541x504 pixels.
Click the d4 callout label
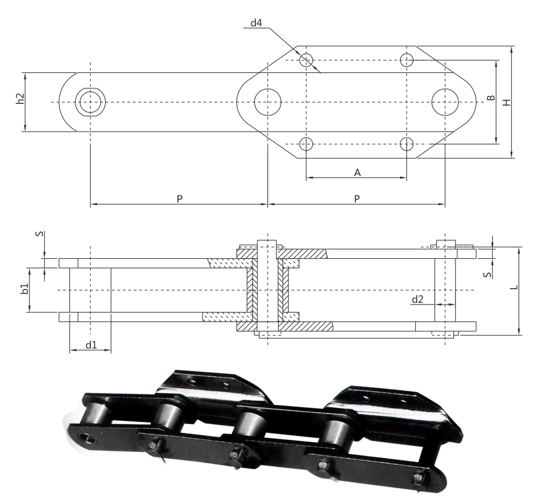(256, 23)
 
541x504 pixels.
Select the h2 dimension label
(21, 98)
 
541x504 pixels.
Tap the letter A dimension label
(357, 172)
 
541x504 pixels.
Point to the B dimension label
(491, 98)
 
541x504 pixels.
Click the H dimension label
(506, 102)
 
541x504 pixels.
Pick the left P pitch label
(180, 199)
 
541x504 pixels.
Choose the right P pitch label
(356, 199)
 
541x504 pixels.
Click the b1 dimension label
(24, 289)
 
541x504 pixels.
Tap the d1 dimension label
(91, 345)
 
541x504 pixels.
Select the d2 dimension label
(417, 299)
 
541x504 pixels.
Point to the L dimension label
(514, 287)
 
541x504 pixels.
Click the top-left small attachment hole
(306, 60)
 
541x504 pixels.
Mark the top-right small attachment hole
(407, 60)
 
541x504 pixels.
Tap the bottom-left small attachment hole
(306, 144)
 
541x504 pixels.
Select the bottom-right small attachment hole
(407, 144)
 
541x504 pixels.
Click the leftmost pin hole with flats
(90, 102)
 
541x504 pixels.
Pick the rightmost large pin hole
(445, 102)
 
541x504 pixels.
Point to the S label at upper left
(40, 234)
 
